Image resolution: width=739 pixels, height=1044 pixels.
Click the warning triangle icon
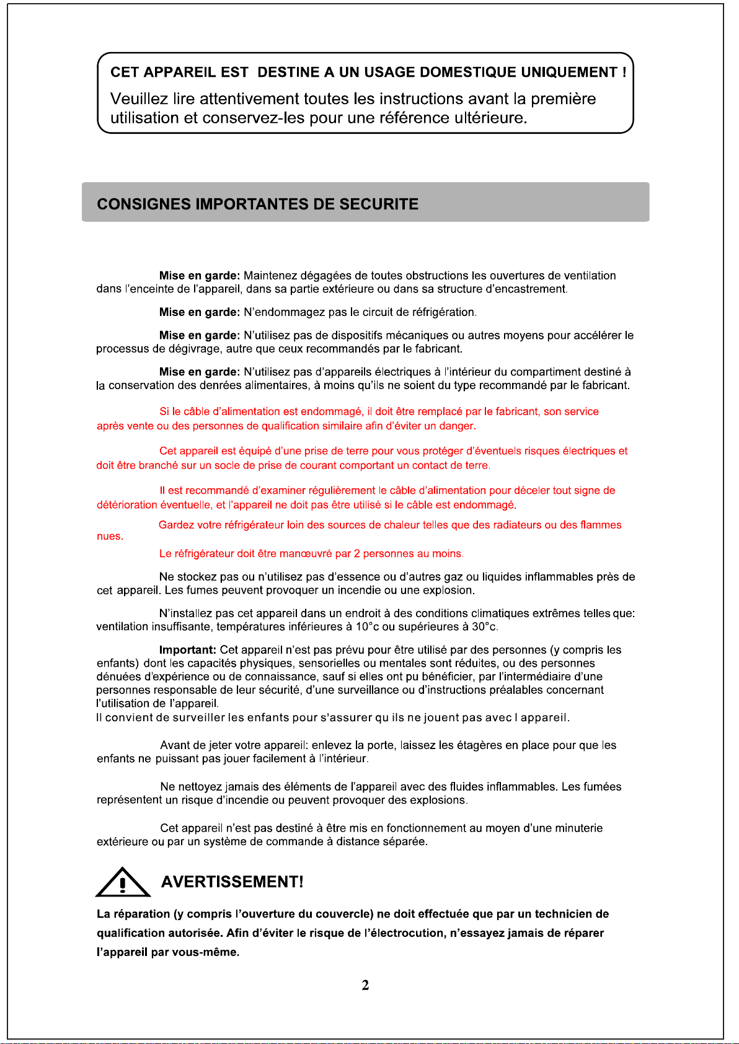tap(123, 882)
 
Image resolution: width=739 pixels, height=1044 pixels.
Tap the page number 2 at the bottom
tap(366, 985)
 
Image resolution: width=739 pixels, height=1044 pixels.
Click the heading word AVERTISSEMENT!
tap(232, 882)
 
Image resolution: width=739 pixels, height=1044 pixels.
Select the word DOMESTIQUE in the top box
tap(468, 72)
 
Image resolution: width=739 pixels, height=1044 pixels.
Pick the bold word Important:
tap(187, 650)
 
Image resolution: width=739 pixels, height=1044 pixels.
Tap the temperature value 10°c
tap(367, 627)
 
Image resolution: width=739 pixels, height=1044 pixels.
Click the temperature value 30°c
tap(484, 627)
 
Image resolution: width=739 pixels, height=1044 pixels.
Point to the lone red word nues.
tap(110, 537)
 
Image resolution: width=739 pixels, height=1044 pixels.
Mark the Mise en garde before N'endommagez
tap(199, 312)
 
